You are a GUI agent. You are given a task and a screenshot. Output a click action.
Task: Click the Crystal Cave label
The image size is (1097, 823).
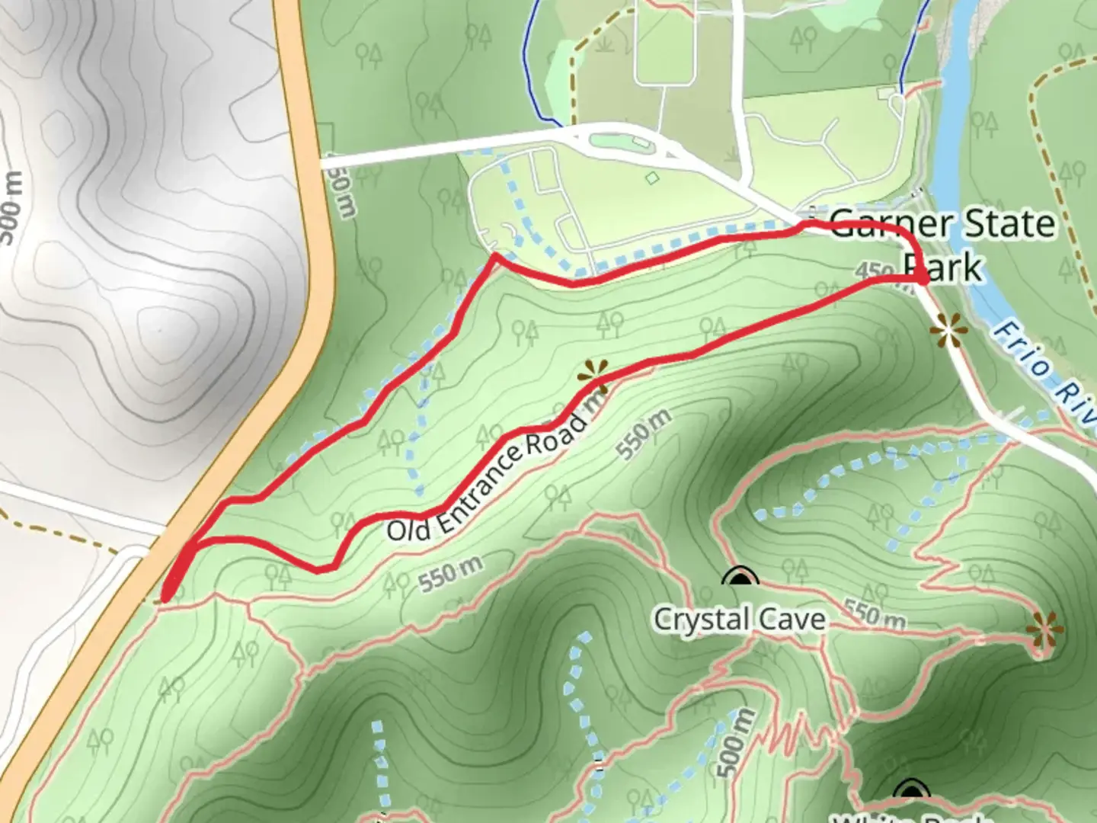(739, 619)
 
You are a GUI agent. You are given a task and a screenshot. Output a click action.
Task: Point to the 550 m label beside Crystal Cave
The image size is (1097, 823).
(875, 615)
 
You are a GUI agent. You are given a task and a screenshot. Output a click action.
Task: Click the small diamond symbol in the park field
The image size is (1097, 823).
(651, 178)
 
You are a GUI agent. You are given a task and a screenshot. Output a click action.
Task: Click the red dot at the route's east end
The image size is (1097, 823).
(922, 280)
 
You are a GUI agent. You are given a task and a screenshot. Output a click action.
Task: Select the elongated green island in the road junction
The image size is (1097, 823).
(617, 141)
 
